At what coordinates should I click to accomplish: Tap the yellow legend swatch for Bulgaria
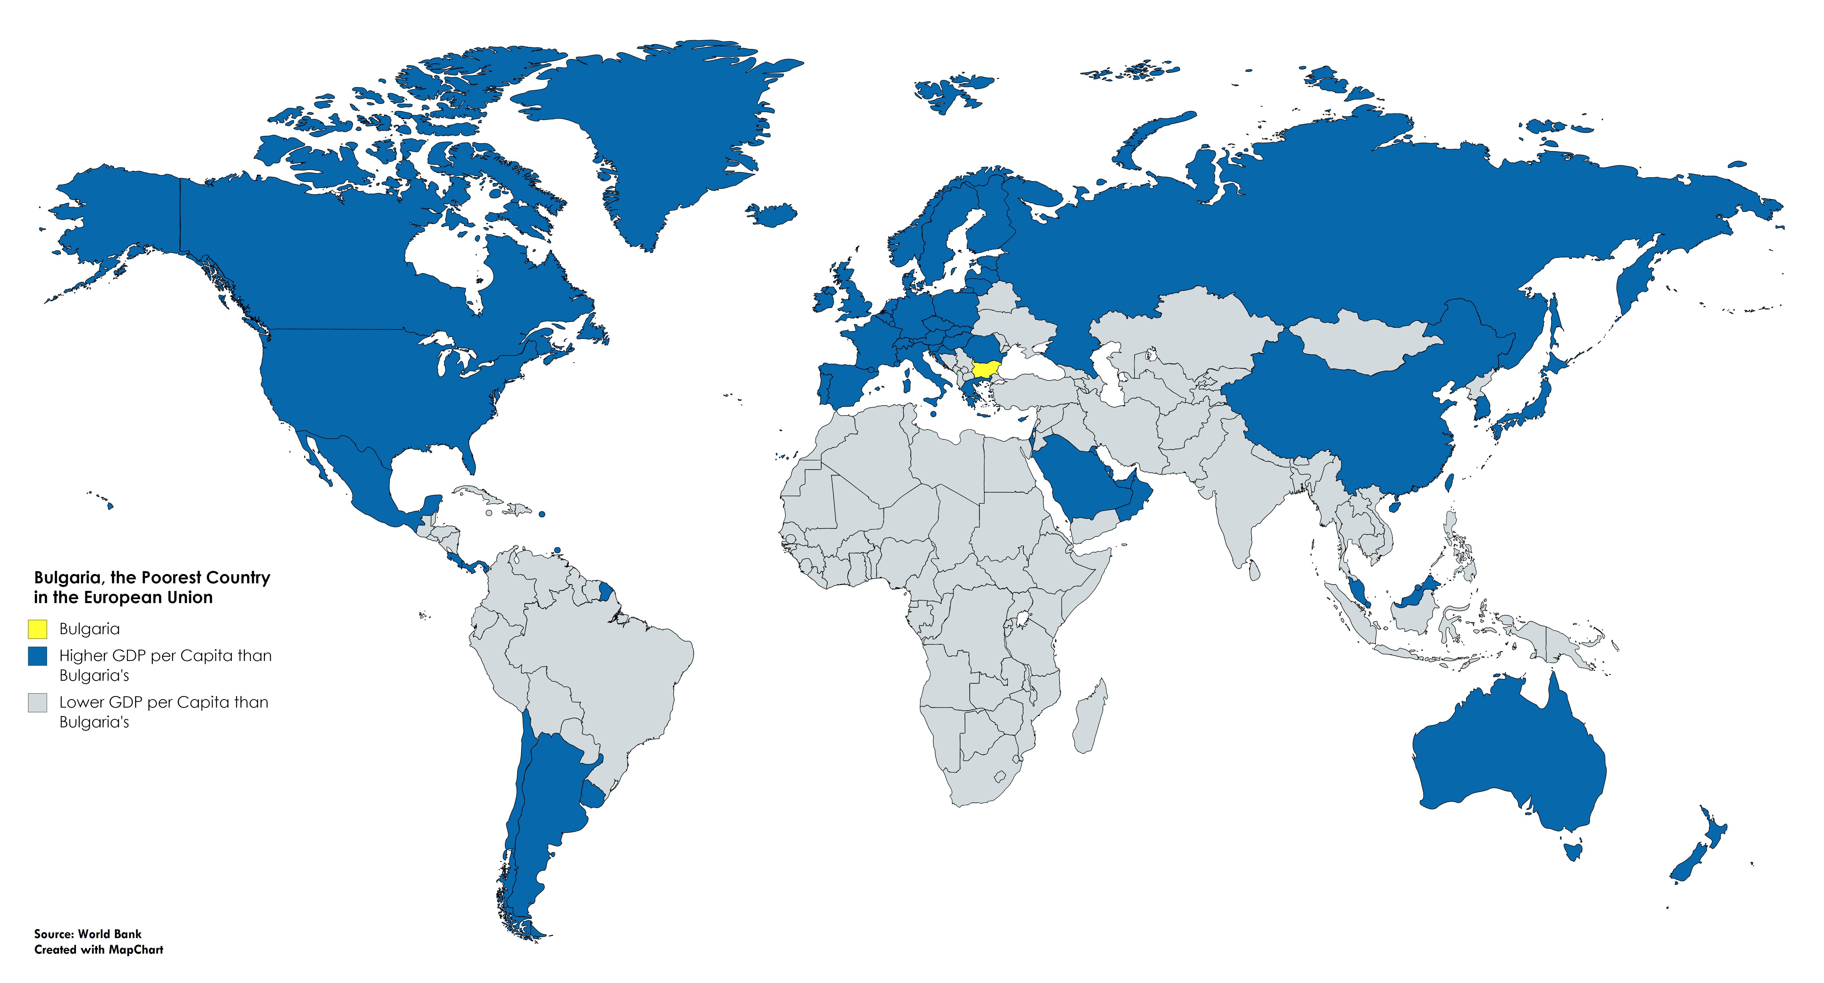[38, 629]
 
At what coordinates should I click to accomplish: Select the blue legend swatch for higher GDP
[38, 656]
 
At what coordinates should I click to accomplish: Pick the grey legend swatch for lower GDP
[38, 703]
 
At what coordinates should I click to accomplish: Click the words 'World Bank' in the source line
[110, 934]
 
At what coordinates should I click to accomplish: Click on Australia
[1508, 758]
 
